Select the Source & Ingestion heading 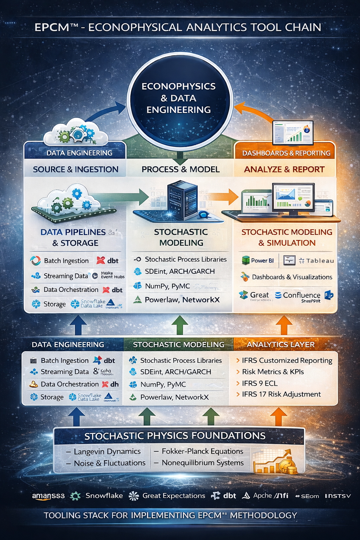click(x=76, y=169)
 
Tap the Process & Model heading click(x=180, y=169)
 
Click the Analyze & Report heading click(x=284, y=169)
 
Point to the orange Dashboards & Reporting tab click(x=286, y=153)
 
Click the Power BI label click(x=262, y=261)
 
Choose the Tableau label click(x=320, y=261)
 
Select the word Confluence click(x=302, y=295)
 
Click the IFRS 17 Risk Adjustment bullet click(x=281, y=394)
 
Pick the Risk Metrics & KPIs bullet click(x=272, y=372)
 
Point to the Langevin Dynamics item click(x=107, y=451)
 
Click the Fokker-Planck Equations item click(x=202, y=451)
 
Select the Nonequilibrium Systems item click(x=202, y=463)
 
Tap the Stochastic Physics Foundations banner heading click(x=175, y=436)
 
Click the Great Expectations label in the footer click(x=173, y=496)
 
